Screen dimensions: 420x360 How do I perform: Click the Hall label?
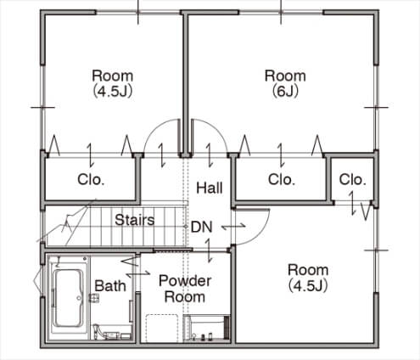[210, 188]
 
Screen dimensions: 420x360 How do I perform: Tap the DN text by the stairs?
[201, 227]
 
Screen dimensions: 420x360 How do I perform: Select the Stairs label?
[135, 220]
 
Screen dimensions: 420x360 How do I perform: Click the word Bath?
[110, 285]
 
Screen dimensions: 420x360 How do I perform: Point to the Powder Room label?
[185, 289]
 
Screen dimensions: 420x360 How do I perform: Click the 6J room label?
[285, 83]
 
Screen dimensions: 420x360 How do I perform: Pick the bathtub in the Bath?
[68, 298]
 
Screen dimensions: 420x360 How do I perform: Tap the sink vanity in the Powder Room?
[206, 328]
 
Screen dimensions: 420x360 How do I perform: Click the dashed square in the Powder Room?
[162, 328]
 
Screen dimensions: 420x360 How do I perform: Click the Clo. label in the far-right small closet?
[352, 179]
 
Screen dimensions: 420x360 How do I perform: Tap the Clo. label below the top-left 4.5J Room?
[91, 179]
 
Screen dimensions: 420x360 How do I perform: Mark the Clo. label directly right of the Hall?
[282, 179]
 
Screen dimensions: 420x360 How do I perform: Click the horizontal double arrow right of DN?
[233, 227]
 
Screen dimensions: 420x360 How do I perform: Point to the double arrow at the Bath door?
[138, 273]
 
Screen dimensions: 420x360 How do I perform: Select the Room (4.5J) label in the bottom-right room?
[308, 278]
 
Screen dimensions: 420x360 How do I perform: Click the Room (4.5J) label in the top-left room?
[113, 83]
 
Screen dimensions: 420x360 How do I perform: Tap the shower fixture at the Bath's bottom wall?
[111, 333]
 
